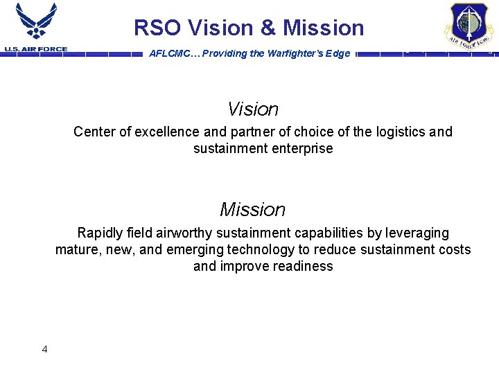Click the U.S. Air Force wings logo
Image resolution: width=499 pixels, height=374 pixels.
pyautogui.click(x=36, y=22)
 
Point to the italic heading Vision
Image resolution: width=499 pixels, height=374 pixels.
pyautogui.click(x=253, y=109)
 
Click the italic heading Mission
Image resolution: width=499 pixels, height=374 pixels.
pyautogui.click(x=252, y=209)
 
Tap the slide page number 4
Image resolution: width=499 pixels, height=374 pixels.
pyautogui.click(x=45, y=349)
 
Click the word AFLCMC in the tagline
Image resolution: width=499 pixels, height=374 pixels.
pyautogui.click(x=169, y=54)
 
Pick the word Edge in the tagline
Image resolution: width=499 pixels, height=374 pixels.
pyautogui.click(x=338, y=54)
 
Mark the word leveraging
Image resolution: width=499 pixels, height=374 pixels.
pyautogui.click(x=416, y=233)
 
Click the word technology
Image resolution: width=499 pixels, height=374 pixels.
pyautogui.click(x=262, y=249)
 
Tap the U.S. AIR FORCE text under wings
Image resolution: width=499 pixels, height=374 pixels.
pyautogui.click(x=36, y=49)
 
